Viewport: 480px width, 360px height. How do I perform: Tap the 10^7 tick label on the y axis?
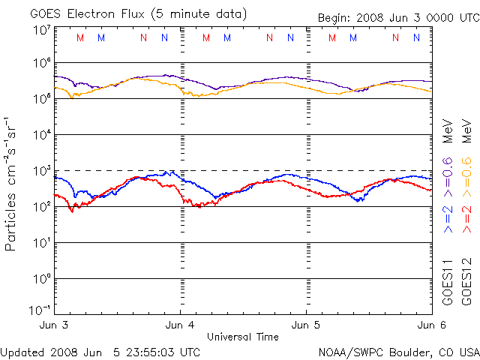40,30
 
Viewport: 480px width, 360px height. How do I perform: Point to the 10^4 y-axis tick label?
40,135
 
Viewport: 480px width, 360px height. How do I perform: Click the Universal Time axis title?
243,337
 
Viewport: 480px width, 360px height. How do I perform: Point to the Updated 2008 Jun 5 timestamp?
100,351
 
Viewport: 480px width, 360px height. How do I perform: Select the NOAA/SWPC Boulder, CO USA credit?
398,351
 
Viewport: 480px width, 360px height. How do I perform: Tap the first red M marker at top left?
81,37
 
